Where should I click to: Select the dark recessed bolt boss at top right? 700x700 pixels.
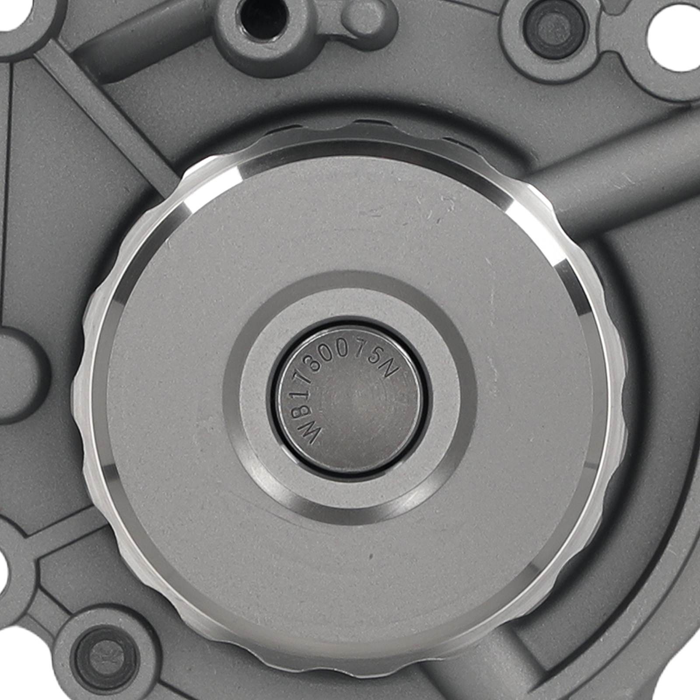[547, 28]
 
